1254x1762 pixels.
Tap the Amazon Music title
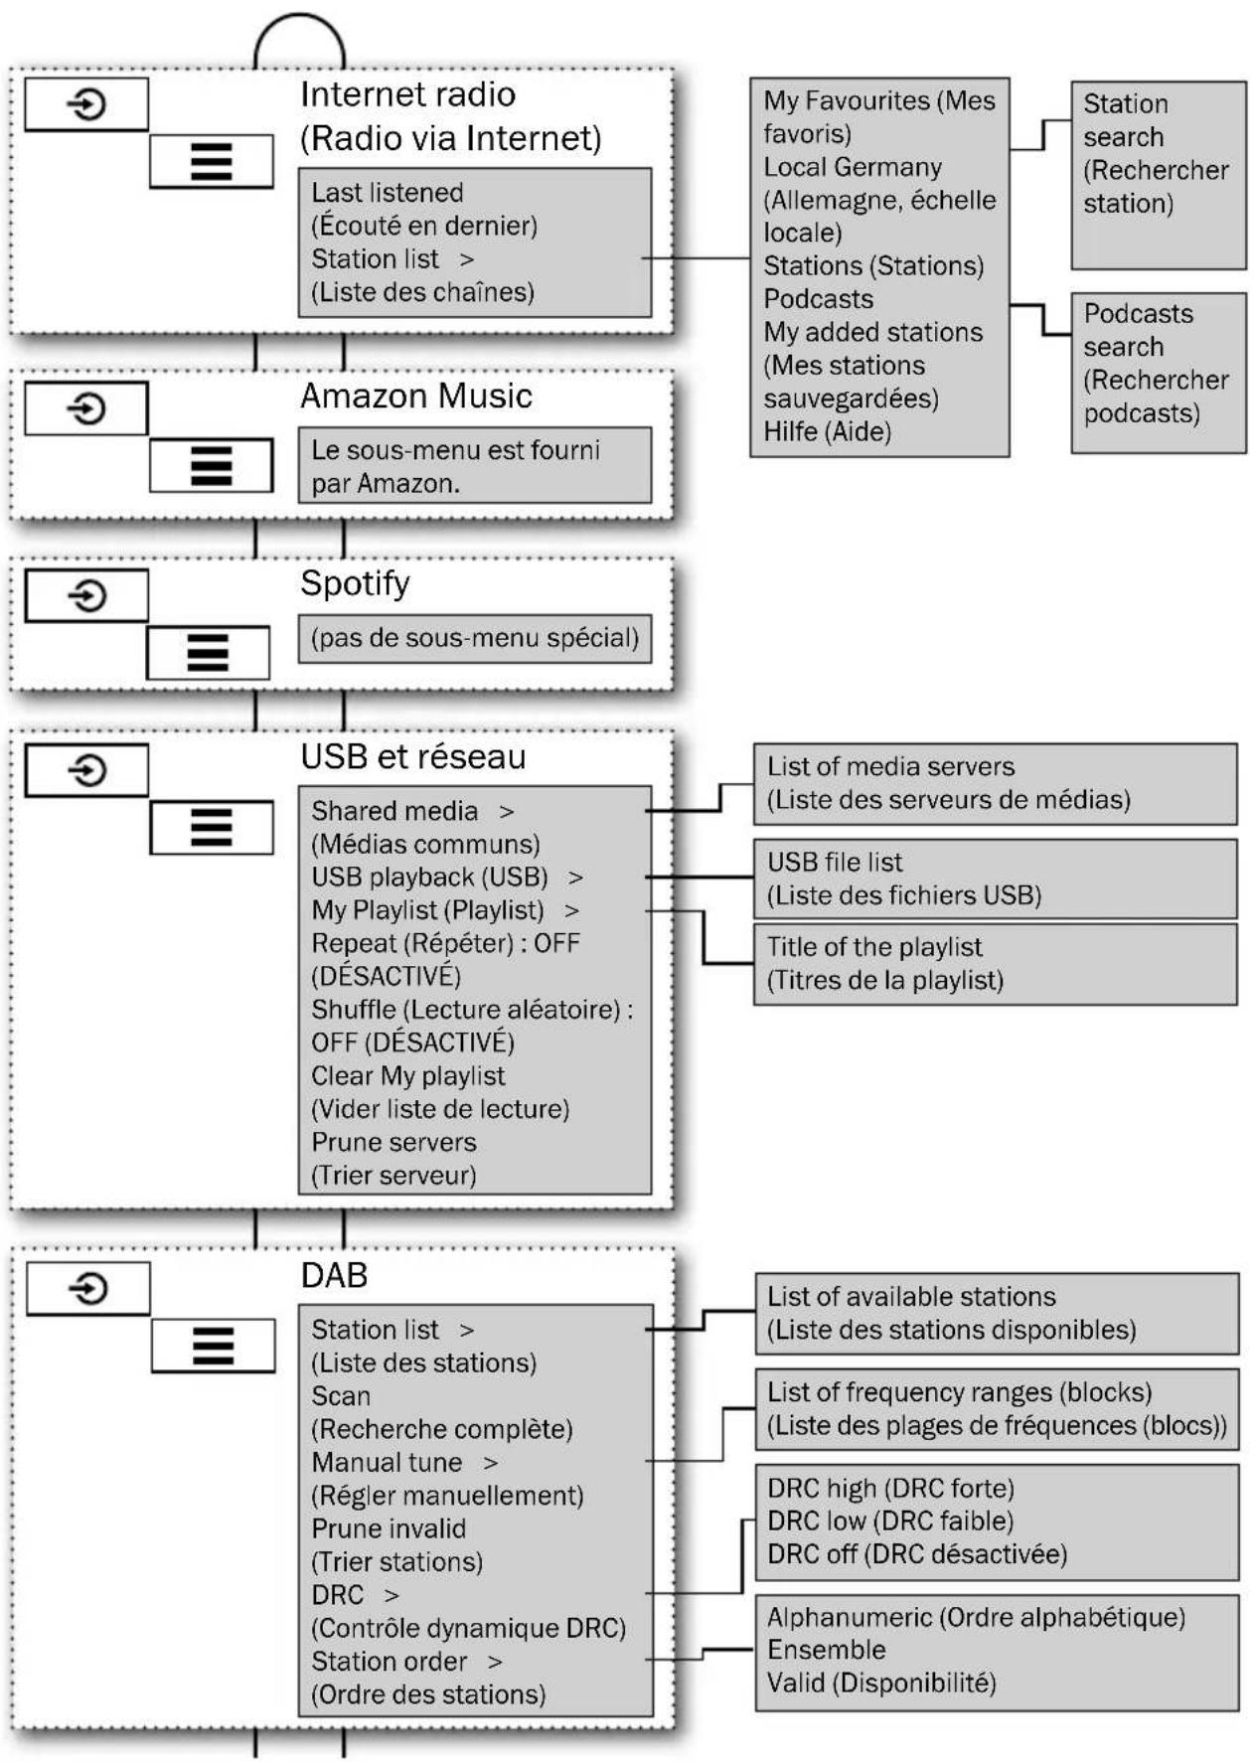(416, 397)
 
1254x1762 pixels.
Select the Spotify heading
(355, 583)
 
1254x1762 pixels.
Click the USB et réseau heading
(413, 757)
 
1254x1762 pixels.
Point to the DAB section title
(334, 1275)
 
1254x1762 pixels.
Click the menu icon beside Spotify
(208, 653)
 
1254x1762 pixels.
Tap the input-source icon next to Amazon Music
(86, 408)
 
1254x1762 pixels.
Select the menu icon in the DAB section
(213, 1346)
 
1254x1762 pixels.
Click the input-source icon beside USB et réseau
(86, 770)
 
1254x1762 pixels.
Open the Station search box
(1159, 175)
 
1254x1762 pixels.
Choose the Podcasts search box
(1159, 373)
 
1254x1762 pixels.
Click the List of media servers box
(996, 784)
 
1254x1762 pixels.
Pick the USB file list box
(996, 879)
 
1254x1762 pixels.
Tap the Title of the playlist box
(996, 964)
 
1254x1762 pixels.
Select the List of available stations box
(997, 1314)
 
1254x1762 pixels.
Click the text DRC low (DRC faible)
(890, 1522)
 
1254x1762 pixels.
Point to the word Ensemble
(827, 1650)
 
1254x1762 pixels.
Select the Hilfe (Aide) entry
(827, 432)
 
